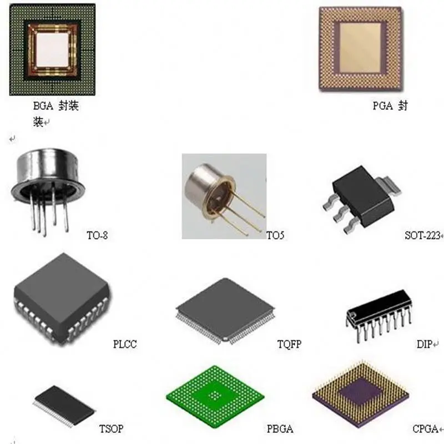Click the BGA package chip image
pos(52,50)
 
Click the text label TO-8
pos(97,235)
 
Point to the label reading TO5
pos(275,236)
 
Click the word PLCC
pos(124,345)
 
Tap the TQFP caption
pos(289,345)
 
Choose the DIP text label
pos(425,345)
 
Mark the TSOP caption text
pos(111,429)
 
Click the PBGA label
pos(280,429)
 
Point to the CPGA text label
pos(425,429)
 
